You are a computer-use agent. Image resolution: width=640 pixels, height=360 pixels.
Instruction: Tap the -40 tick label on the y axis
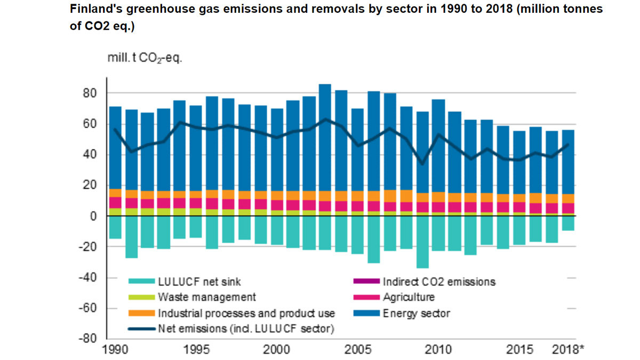(x=86, y=278)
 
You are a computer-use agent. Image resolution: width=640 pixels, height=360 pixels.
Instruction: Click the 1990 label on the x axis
(x=115, y=350)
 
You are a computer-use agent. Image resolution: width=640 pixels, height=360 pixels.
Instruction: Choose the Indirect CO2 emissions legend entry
(x=439, y=282)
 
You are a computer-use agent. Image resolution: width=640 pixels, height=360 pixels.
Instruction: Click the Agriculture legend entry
(x=409, y=297)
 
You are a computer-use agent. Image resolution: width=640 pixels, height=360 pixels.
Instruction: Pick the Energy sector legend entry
(x=416, y=313)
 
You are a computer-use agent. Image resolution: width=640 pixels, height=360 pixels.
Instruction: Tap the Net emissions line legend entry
(x=245, y=329)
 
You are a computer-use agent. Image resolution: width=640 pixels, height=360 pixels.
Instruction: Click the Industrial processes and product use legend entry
(x=246, y=313)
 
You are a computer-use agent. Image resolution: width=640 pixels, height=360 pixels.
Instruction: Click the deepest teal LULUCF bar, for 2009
(x=422, y=243)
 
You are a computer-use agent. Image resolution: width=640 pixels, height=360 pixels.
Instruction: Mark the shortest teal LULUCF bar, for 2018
(x=569, y=223)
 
